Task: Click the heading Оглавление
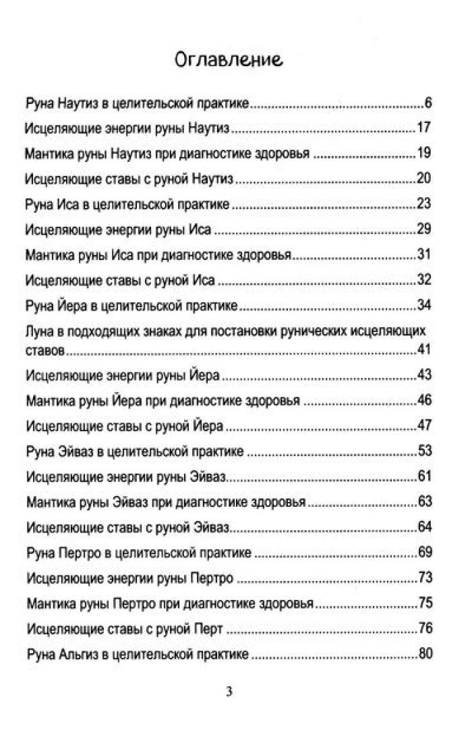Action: tap(229, 61)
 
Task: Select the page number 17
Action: tap(423, 128)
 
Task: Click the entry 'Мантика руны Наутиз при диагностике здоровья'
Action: tap(167, 154)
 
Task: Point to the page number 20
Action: tap(423, 179)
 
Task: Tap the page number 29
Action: tap(423, 229)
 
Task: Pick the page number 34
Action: tap(423, 305)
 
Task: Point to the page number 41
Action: tap(423, 351)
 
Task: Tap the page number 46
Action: tap(423, 402)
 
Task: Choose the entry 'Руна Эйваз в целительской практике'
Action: tap(134, 452)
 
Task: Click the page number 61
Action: tap(423, 478)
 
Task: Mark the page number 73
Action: tap(423, 578)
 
